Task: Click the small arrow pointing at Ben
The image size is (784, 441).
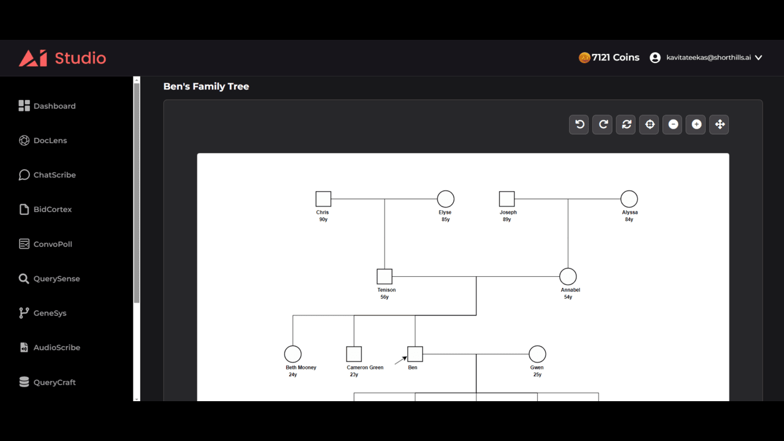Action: [x=401, y=360]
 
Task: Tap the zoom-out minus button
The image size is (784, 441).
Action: [x=673, y=124]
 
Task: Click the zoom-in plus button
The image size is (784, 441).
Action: [x=696, y=124]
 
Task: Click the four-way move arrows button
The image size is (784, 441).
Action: [x=719, y=124]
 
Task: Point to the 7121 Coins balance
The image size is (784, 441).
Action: [x=609, y=58]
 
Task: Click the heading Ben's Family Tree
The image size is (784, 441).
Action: [x=206, y=86]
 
